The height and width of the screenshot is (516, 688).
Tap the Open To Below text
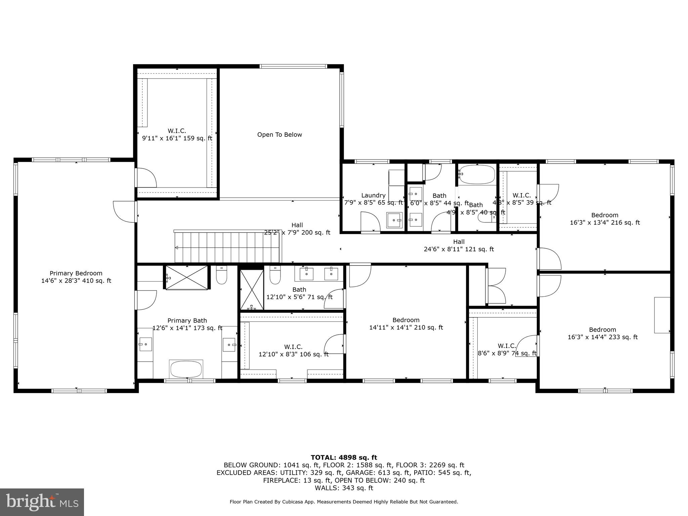pyautogui.click(x=279, y=135)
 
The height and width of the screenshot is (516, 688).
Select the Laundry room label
pyautogui.click(x=373, y=196)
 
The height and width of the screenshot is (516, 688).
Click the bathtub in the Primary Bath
pyautogui.click(x=186, y=369)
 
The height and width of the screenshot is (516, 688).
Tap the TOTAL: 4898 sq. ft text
pyautogui.click(x=344, y=458)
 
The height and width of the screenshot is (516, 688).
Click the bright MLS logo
pyautogui.click(x=42, y=502)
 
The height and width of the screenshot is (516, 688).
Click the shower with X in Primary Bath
pyautogui.click(x=187, y=277)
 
